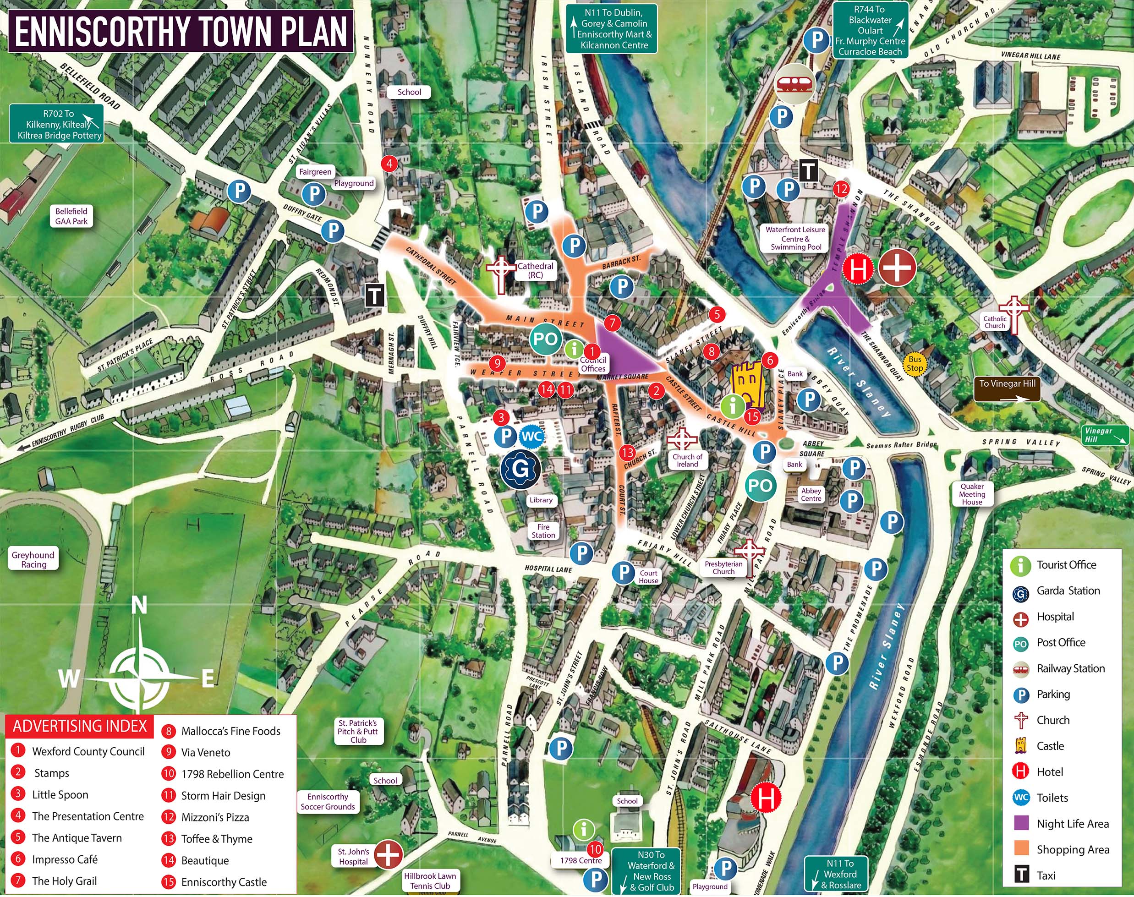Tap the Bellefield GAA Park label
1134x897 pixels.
pos(71,216)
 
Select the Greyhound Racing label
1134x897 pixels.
pos(33,559)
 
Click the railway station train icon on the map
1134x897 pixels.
pos(794,83)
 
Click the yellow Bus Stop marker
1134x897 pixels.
pos(915,363)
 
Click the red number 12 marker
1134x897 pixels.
pos(841,189)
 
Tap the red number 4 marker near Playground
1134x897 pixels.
pos(389,164)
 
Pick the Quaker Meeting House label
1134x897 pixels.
pos(972,494)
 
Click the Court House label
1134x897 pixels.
pos(648,577)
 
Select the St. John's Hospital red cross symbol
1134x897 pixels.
pos(388,854)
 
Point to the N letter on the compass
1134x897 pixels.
pos(139,606)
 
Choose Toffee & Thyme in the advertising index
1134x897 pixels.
pos(216,839)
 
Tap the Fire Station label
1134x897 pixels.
pos(543,531)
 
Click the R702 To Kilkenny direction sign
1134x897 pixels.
pos(57,125)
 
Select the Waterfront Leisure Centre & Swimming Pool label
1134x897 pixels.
pos(795,238)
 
